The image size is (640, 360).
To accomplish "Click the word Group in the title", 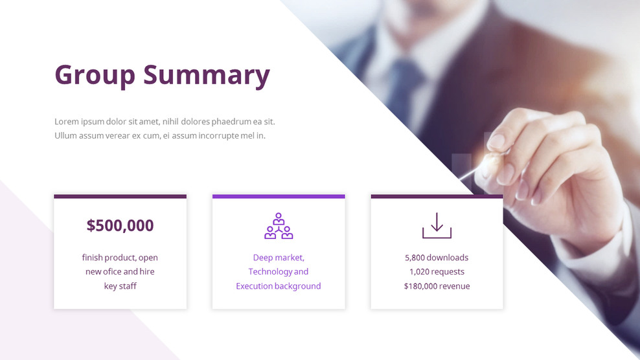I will [x=95, y=74].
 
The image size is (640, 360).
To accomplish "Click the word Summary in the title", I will [x=206, y=74].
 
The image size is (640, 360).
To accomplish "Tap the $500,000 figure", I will [x=120, y=225].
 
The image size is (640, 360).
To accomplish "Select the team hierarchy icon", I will [x=279, y=226].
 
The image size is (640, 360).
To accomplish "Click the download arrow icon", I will [x=437, y=225].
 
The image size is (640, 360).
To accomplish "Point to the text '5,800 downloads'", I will [x=437, y=258].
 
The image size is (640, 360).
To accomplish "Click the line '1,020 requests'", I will [x=437, y=272].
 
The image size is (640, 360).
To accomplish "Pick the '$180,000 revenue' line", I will [x=437, y=286].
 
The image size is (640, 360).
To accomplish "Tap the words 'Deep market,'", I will [x=279, y=258].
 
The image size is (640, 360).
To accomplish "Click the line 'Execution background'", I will [x=279, y=286].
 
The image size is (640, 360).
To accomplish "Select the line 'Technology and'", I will [x=279, y=272].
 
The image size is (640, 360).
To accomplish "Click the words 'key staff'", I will [x=120, y=286].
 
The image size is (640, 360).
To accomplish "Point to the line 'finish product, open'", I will [x=120, y=258].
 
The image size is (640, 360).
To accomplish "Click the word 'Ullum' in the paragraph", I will [x=65, y=136].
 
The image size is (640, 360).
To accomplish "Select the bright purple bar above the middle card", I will [x=279, y=196].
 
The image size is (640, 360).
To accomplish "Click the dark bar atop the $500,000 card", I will [x=120, y=196].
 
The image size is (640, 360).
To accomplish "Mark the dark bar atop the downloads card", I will [x=437, y=196].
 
